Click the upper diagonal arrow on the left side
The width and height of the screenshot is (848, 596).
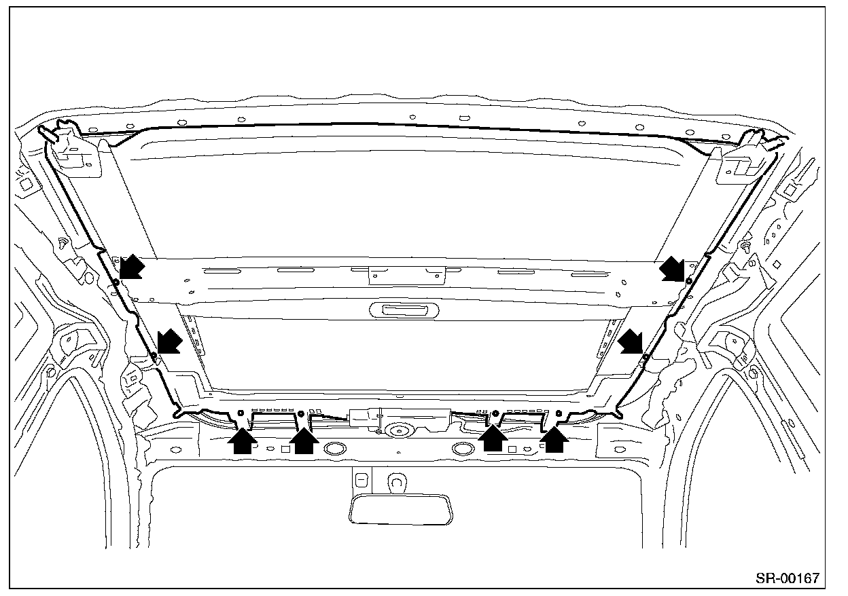tap(132, 266)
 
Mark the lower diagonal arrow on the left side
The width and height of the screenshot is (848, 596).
tap(169, 341)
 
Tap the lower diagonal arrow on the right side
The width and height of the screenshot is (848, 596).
tap(633, 341)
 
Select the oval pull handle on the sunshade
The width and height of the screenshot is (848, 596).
tap(405, 310)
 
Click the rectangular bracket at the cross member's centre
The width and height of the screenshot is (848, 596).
tap(406, 274)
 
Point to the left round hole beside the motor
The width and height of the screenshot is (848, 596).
tap(334, 448)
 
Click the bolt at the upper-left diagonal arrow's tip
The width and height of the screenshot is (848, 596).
tap(116, 281)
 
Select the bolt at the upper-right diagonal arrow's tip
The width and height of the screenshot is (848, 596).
tap(688, 280)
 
